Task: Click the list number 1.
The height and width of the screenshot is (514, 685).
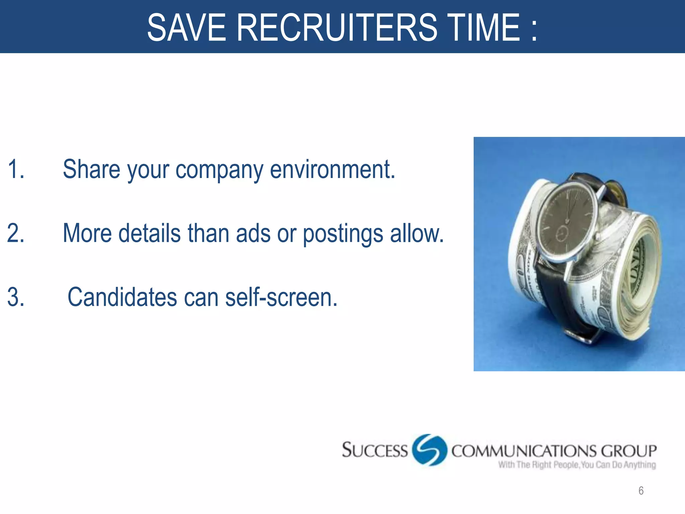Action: pos(15,169)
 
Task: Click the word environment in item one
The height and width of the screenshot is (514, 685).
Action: pos(332,169)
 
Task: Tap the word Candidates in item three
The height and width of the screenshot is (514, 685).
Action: pos(122,297)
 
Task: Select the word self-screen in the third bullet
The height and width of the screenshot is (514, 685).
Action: pos(281,297)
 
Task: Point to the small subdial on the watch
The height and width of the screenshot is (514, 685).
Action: pos(562,233)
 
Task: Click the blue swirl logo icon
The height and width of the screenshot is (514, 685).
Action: pos(429,450)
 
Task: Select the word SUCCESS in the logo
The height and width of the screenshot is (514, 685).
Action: pos(375,450)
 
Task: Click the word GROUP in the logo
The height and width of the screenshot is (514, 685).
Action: pos(628,451)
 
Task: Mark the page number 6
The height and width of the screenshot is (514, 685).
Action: pos(641,491)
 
